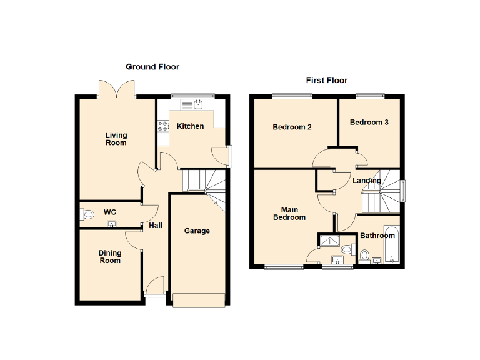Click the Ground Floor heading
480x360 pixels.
[x=152, y=67]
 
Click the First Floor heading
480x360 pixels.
[x=326, y=81]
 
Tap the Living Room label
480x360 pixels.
[x=116, y=139]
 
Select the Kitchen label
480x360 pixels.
[x=190, y=126]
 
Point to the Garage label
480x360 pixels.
[x=197, y=231]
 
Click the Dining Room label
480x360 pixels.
[x=109, y=257]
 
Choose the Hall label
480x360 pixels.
[x=156, y=226]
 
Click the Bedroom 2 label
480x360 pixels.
[x=292, y=127]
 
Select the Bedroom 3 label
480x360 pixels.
[x=369, y=122]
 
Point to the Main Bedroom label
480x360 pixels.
[x=289, y=214]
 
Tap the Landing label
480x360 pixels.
[x=367, y=181]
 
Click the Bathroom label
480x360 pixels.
[x=377, y=236]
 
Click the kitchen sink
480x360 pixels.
[x=197, y=104]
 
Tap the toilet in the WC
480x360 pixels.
[x=87, y=215]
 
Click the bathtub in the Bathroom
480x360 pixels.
[x=391, y=245]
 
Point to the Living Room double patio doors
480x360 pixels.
[x=117, y=89]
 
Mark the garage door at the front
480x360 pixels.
[x=199, y=301]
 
